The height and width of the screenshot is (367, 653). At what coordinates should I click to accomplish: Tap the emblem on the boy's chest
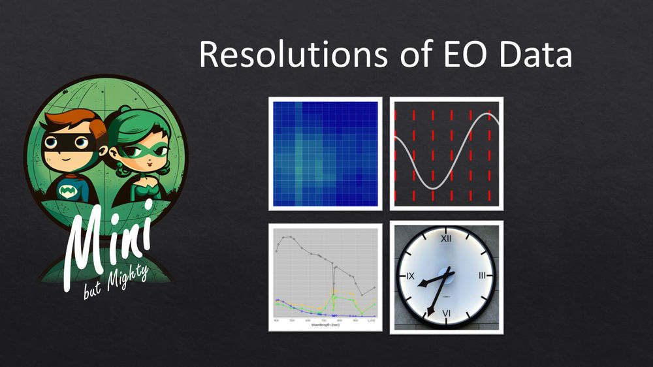[x=67, y=191]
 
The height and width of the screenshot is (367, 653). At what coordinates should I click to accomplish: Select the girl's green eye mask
[x=135, y=152]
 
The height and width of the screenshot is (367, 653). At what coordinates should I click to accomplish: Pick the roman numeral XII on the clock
[x=447, y=239]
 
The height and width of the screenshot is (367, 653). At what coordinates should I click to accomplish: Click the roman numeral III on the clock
[x=482, y=276]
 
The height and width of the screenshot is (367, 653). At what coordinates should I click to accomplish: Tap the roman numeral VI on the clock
[x=446, y=313]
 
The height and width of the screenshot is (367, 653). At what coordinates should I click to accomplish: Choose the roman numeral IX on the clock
[x=410, y=276]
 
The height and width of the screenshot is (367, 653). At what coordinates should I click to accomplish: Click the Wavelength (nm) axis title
[x=325, y=325]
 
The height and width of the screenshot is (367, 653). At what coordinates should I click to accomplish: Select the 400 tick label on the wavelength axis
[x=276, y=320]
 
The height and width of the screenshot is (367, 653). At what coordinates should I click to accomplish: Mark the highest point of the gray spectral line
[x=287, y=236]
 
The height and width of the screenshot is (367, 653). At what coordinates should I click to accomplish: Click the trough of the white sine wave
[x=433, y=188]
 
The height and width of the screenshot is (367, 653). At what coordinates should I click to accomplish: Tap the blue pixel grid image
[x=325, y=153]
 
